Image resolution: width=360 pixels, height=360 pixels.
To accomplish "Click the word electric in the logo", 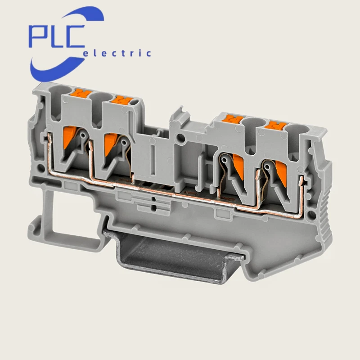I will pos(118,54).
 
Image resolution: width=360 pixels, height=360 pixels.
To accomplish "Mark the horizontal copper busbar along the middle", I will pos(180,194).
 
